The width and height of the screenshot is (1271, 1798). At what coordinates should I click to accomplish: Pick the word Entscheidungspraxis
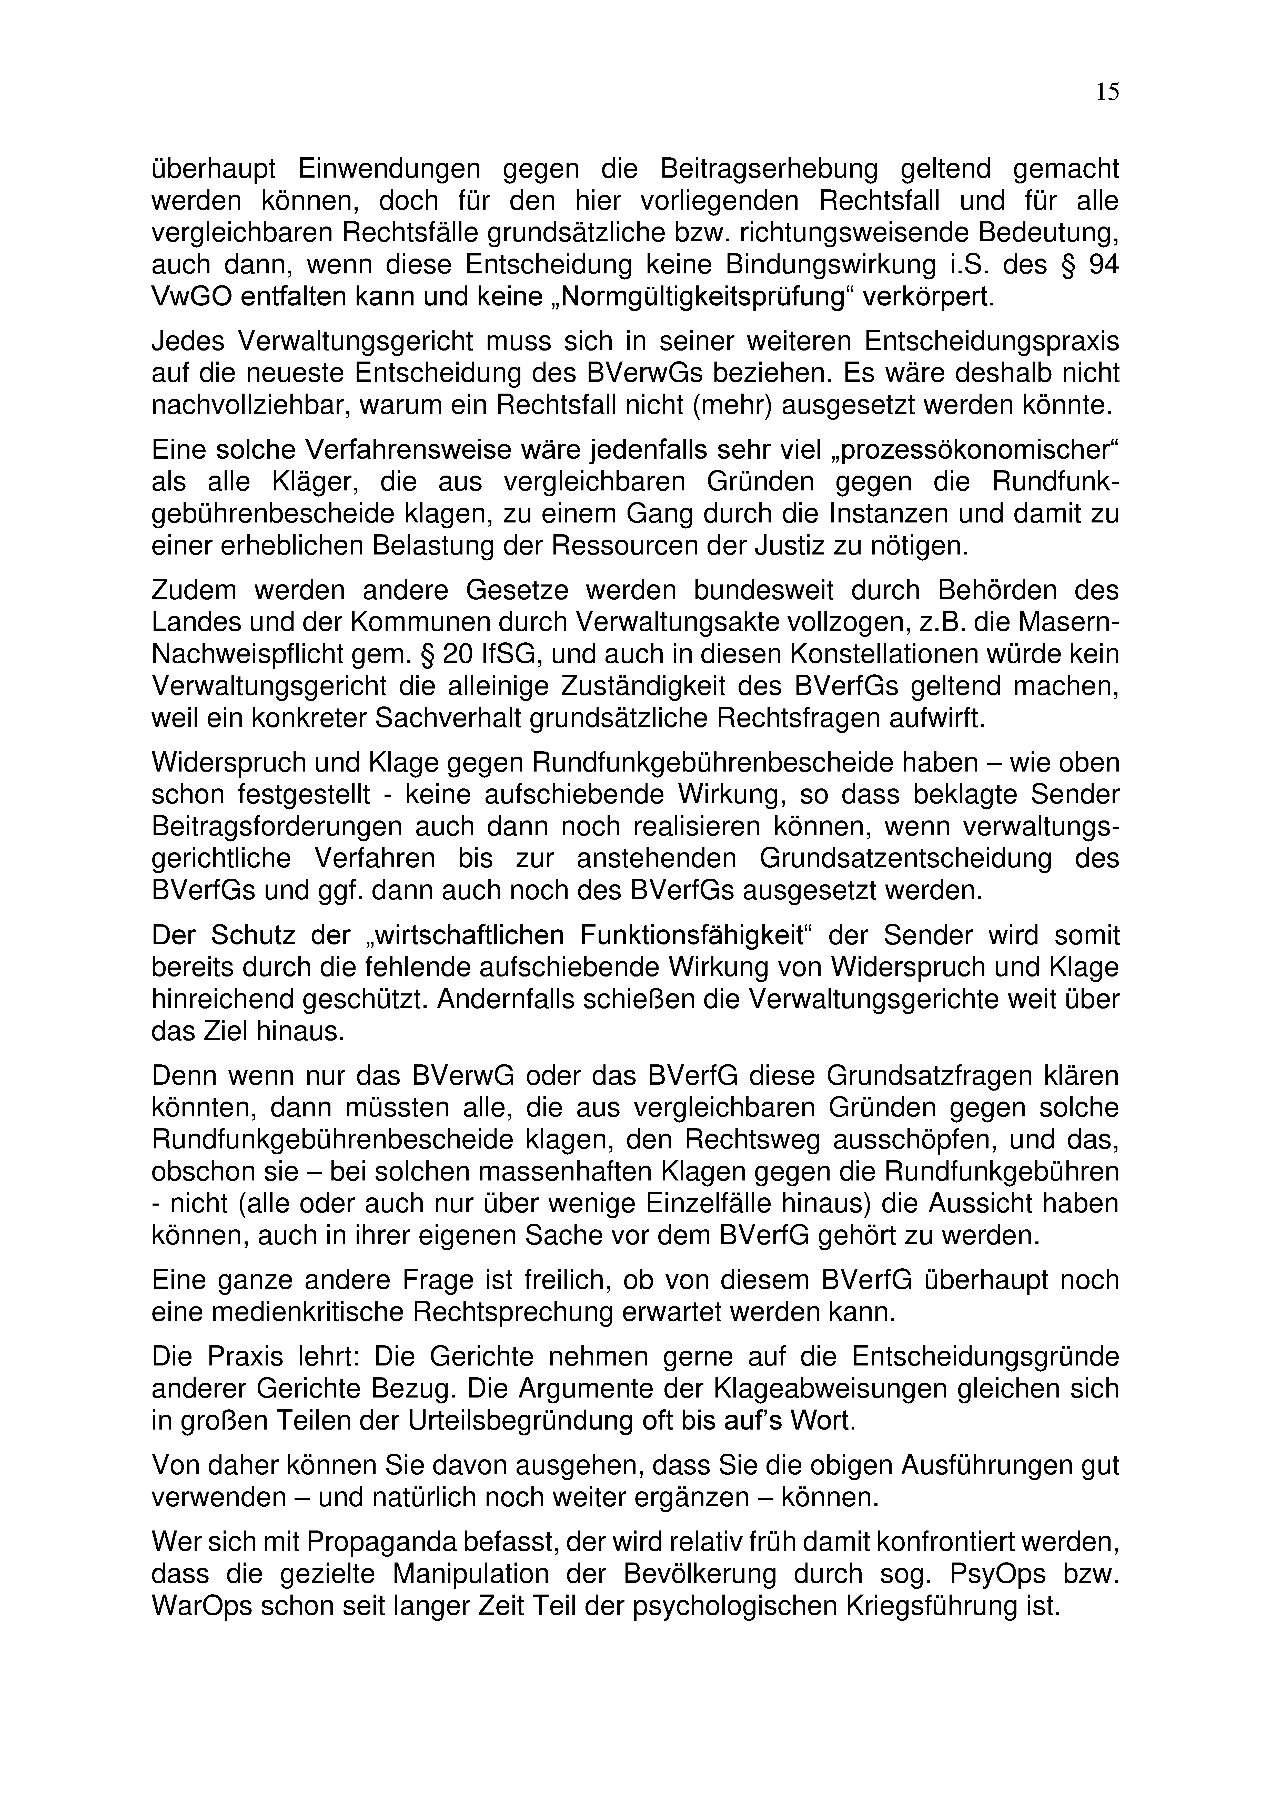pos(992,341)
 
